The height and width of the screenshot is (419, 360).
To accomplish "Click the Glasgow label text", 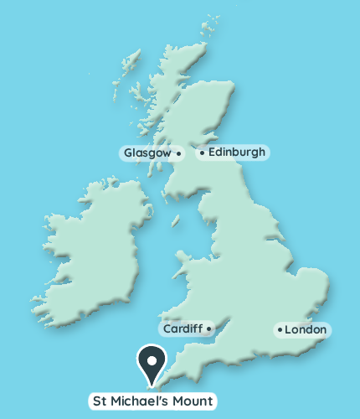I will (x=147, y=153).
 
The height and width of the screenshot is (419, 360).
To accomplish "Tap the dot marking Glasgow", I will (x=178, y=153).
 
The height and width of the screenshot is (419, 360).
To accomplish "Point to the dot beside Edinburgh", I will (x=202, y=153).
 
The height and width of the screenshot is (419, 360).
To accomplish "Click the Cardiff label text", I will (x=183, y=328).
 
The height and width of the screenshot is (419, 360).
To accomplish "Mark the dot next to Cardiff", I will (x=208, y=328).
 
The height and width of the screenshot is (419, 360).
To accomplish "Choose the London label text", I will (x=306, y=330).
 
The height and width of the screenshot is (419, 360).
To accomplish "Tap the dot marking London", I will (x=280, y=330).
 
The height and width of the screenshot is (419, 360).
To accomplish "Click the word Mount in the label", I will (x=193, y=401).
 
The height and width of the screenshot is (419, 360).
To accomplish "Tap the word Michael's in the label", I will (x=142, y=401).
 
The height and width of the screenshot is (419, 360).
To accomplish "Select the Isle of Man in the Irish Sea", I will (x=176, y=221).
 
